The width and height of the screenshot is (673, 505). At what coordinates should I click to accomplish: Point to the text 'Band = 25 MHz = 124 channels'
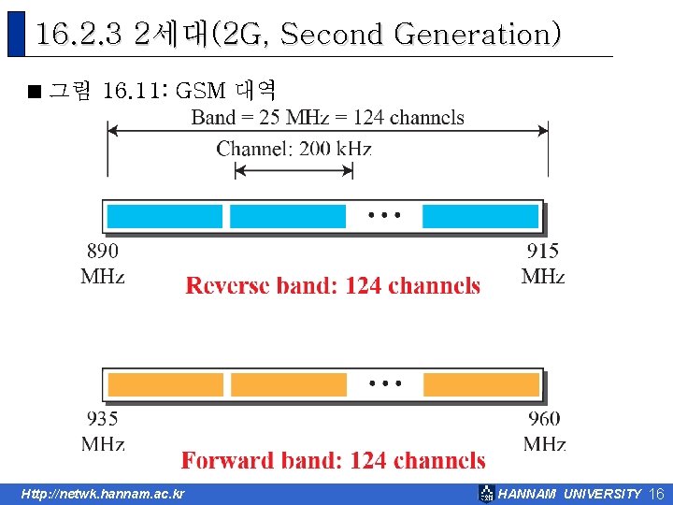pyautogui.click(x=327, y=117)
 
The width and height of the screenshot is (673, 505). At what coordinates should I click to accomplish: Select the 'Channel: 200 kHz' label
pyautogui.click(x=294, y=148)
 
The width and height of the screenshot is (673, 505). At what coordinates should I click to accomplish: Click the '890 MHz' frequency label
pyautogui.click(x=103, y=263)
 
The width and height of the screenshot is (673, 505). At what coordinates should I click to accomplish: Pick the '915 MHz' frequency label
pyautogui.click(x=543, y=263)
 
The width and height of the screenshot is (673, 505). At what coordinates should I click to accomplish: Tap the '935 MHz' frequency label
pyautogui.click(x=103, y=430)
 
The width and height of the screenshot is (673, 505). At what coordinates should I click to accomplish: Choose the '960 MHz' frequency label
pyautogui.click(x=544, y=430)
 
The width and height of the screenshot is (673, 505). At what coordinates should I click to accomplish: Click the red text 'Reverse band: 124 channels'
pyautogui.click(x=333, y=286)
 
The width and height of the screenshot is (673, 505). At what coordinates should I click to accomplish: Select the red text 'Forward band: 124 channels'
pyautogui.click(x=333, y=460)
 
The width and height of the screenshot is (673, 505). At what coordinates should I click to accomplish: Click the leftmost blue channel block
pyautogui.click(x=165, y=216)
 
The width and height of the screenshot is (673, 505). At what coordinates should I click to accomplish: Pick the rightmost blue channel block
pyautogui.click(x=480, y=216)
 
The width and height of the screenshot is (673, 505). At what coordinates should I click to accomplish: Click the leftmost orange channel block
pyautogui.click(x=165, y=384)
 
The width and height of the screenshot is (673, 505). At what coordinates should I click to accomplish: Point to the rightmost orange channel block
pyautogui.click(x=480, y=384)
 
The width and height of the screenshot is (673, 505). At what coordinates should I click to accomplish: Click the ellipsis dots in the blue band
pyautogui.click(x=384, y=214)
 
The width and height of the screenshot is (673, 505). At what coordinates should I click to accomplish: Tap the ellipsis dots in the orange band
pyautogui.click(x=384, y=382)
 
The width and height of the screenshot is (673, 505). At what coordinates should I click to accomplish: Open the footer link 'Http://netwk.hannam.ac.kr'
pyautogui.click(x=103, y=494)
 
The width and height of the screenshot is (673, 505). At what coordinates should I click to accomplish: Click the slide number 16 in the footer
pyautogui.click(x=655, y=494)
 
